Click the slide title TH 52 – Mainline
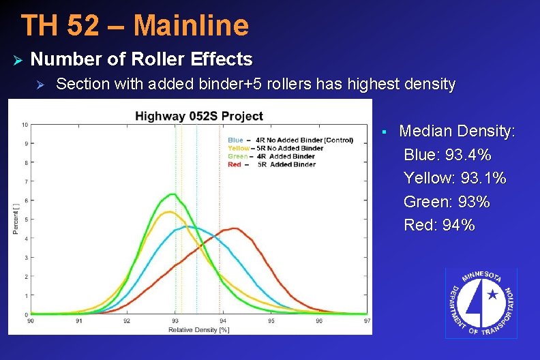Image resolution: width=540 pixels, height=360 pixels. [x=135, y=25]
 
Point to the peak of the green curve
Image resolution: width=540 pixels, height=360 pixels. [x=175, y=194]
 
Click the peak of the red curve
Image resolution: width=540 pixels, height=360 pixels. [x=233, y=228]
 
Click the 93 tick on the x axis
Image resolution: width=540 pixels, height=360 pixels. [x=175, y=320]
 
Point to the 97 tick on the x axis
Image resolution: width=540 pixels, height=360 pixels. [x=367, y=320]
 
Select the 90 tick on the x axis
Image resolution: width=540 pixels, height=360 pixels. [x=31, y=320]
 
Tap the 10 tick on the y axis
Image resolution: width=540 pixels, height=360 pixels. [x=25, y=125]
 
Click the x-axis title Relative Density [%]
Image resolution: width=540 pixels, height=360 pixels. [x=198, y=329]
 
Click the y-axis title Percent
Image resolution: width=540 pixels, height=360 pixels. [x=16, y=218]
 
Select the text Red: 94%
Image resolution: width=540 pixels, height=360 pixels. [x=439, y=225]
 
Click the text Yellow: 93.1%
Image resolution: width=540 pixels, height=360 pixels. [x=455, y=178]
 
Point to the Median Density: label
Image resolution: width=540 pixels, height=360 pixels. [x=457, y=131]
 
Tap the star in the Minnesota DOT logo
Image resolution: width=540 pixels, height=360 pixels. [x=492, y=295]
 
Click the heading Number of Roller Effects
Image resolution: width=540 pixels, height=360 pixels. [x=141, y=59]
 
